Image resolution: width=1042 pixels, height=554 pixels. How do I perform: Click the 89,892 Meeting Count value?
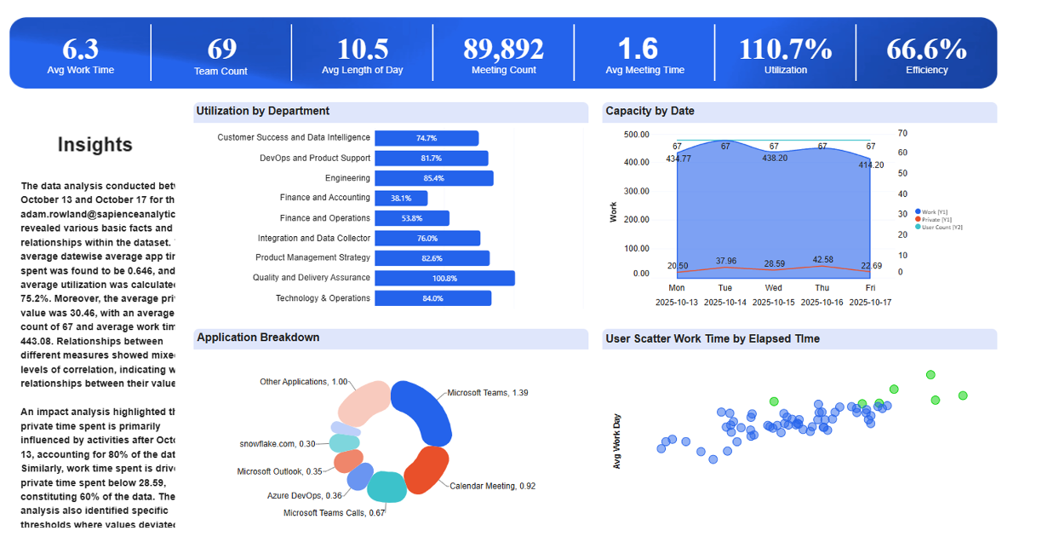504,49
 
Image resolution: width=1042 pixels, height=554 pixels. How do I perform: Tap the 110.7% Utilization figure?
785,49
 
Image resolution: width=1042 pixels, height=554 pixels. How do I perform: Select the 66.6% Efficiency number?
926,49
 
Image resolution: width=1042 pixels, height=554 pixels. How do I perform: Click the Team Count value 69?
221,49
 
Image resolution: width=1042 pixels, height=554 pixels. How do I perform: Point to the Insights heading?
94,145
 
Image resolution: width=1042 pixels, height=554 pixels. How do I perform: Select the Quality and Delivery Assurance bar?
444,278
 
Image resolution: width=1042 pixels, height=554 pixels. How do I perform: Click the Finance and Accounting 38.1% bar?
401,198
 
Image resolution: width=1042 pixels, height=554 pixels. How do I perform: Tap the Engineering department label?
347,178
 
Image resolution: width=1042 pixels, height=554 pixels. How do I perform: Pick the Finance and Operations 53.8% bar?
412,218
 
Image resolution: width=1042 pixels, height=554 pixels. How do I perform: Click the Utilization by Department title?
262,111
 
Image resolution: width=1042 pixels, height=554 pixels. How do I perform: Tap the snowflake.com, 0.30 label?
278,444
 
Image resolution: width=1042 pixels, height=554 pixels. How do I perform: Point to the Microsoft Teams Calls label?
334,513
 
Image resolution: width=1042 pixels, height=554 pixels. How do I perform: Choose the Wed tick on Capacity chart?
773,288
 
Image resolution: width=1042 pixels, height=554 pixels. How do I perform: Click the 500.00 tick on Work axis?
636,135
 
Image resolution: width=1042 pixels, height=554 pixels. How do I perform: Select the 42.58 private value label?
822,259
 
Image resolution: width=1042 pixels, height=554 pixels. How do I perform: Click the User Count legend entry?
934,227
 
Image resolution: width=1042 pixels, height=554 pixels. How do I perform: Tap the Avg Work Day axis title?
617,441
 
